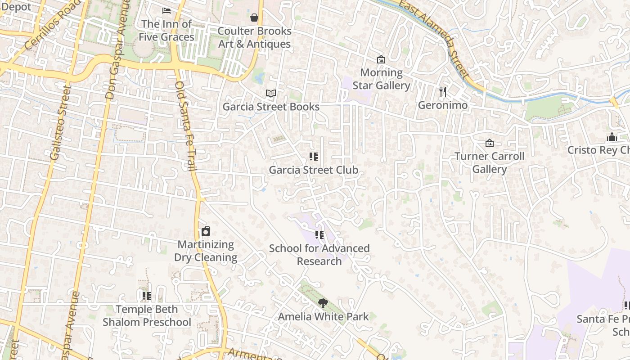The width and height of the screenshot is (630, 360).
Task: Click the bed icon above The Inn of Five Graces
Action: [166, 11]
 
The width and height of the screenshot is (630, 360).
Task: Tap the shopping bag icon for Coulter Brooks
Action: [254, 18]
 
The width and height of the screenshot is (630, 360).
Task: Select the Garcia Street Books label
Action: [271, 107]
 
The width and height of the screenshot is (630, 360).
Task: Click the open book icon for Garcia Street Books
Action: [270, 93]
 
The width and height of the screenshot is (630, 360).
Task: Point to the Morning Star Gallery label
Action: [381, 79]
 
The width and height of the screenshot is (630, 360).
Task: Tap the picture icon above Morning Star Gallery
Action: [381, 59]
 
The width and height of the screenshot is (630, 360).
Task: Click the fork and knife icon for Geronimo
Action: [443, 92]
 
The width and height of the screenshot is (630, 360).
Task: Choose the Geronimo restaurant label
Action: [443, 105]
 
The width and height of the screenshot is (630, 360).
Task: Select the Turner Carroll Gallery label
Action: [489, 162]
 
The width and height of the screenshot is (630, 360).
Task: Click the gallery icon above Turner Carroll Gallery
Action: [489, 143]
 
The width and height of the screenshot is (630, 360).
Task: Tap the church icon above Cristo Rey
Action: [612, 137]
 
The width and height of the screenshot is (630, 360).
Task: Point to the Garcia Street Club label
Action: [313, 170]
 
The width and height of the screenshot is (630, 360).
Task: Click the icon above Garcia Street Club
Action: [313, 157]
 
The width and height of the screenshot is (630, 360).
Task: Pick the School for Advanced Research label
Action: [319, 255]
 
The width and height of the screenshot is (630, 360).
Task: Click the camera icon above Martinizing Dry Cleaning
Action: [206, 231]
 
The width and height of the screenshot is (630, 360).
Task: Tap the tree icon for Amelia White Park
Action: [323, 303]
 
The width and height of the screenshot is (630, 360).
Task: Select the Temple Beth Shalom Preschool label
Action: [147, 316]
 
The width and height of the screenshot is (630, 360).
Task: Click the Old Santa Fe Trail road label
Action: [186, 126]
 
